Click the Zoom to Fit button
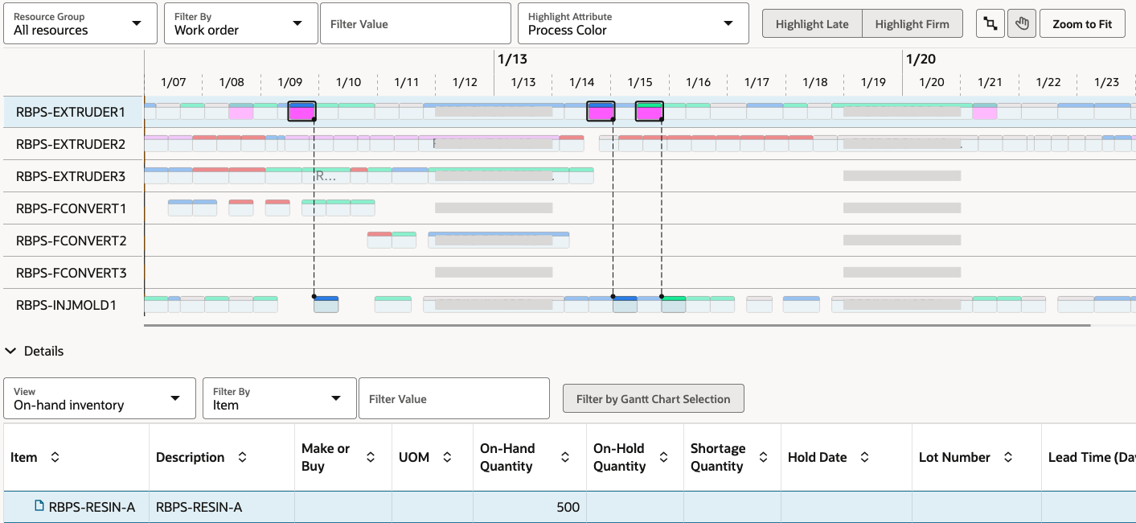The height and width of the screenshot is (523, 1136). tap(1082, 24)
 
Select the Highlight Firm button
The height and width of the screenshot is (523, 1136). tap(912, 24)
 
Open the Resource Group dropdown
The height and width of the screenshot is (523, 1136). tap(80, 24)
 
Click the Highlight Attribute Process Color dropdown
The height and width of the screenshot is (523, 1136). tap(632, 24)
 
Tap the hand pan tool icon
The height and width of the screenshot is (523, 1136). tap(1022, 24)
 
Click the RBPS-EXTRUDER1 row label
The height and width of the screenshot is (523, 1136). tap(71, 112)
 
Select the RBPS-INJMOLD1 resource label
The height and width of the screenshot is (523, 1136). tap(67, 305)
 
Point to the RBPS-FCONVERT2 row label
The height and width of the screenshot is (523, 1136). tap(72, 241)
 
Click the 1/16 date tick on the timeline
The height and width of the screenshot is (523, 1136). tap(698, 82)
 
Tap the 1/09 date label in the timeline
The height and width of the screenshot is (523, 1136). tap(289, 82)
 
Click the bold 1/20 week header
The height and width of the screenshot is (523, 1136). tap(921, 59)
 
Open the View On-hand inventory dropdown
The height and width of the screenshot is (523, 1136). tap(100, 398)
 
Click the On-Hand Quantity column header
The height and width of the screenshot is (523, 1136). tap(506, 457)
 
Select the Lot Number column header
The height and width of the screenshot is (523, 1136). tap(954, 457)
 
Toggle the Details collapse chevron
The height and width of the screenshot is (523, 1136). tap(11, 351)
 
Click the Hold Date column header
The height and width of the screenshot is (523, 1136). tap(817, 457)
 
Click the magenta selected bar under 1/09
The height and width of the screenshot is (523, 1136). tap(301, 113)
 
